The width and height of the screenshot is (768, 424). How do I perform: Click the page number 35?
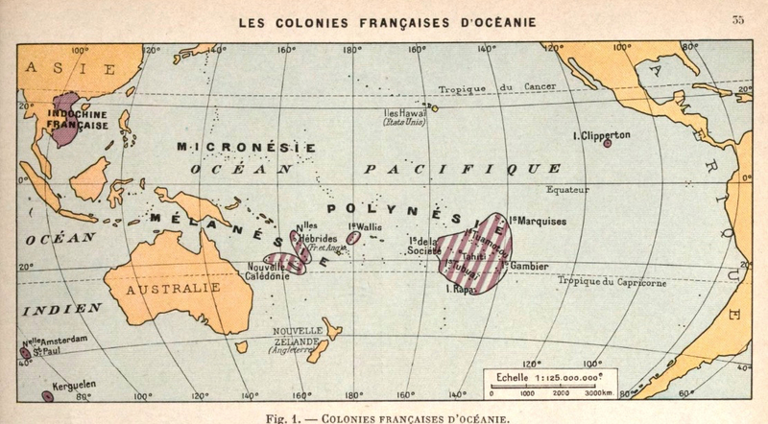click(738, 19)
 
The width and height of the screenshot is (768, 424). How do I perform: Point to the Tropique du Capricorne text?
click(610, 281)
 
